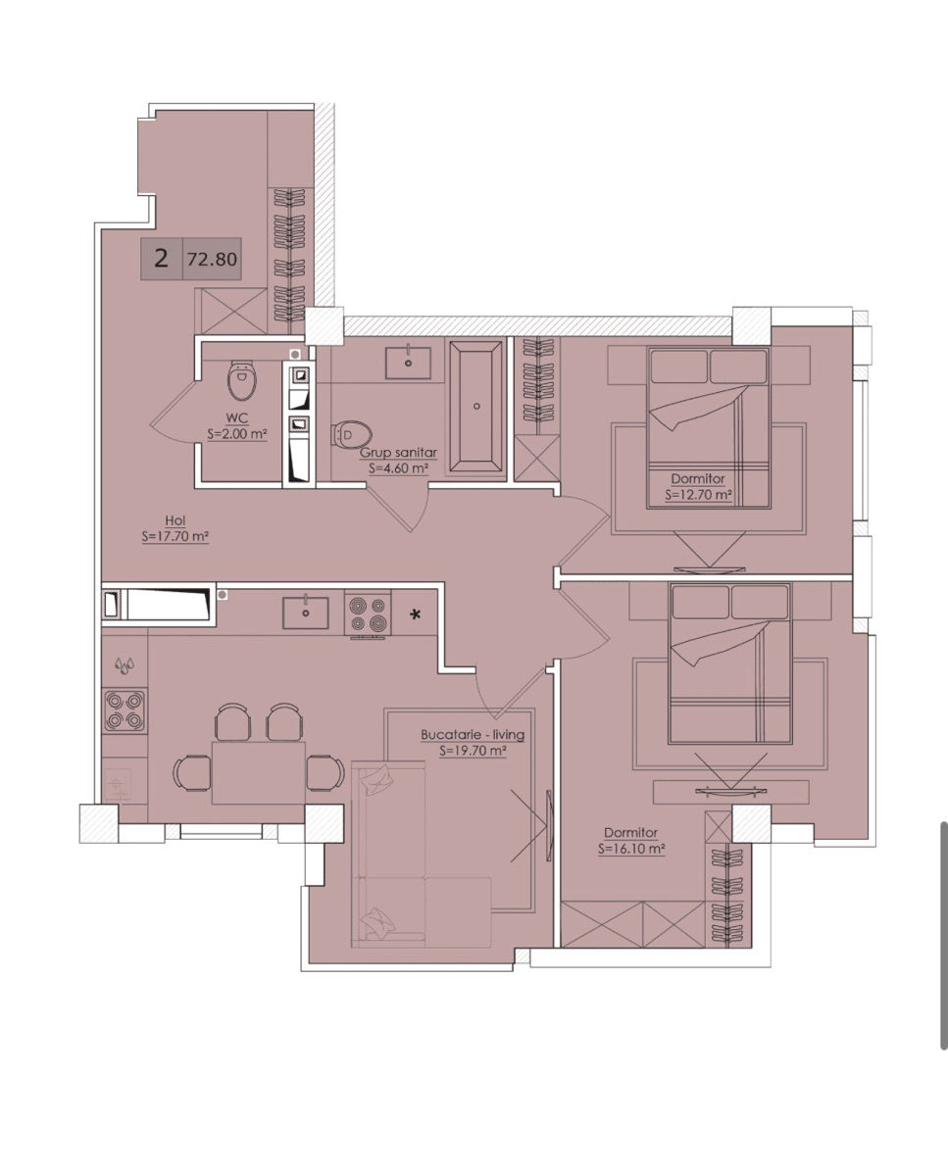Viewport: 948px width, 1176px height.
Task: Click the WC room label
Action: point(237,418)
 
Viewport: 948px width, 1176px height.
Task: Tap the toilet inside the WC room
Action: point(241,379)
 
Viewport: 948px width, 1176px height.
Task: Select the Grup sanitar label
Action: point(399,453)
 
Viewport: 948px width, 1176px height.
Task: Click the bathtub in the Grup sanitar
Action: point(476,406)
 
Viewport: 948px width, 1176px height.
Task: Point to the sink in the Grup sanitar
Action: point(408,363)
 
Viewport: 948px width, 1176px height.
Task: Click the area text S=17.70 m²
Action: point(175,536)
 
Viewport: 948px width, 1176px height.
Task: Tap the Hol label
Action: point(175,520)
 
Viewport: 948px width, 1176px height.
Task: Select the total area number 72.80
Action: point(212,259)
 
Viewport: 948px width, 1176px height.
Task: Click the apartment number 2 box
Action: point(162,259)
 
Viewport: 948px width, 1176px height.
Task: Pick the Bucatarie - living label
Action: point(473,735)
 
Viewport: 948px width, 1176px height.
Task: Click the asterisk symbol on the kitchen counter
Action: point(416,614)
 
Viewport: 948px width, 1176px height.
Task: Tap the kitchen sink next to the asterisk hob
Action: point(306,612)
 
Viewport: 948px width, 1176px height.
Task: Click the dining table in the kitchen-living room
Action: point(259,772)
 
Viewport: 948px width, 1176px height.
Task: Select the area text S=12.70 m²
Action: point(699,495)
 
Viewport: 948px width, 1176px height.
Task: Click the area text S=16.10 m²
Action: point(631,850)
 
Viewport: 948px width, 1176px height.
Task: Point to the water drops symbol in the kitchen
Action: point(125,665)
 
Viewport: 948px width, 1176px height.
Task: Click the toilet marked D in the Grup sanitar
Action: point(352,435)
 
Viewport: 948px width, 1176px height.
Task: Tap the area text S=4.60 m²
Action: point(399,468)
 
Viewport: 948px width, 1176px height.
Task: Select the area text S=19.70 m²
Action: point(473,751)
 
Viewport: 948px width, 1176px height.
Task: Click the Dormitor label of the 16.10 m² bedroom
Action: point(631,833)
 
